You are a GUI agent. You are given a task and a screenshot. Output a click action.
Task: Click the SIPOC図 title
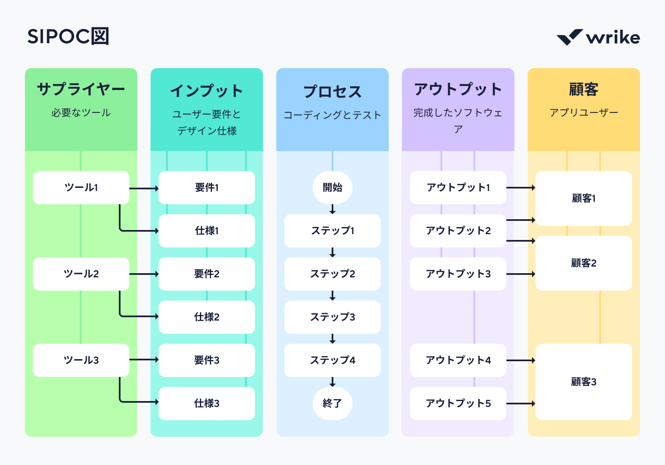coord(68,37)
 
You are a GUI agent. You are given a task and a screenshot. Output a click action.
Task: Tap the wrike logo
coord(598,37)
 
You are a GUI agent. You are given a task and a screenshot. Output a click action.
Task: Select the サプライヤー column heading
coord(81,89)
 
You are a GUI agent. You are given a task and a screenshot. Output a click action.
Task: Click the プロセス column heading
coord(332,92)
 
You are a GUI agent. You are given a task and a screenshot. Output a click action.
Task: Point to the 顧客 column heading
coord(584,89)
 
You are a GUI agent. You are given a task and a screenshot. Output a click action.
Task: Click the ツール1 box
coord(81,188)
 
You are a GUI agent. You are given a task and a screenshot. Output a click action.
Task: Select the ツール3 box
coord(81,360)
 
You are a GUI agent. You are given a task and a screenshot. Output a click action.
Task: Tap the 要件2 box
coord(207,274)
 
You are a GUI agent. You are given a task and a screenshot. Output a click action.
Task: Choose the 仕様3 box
coord(207,404)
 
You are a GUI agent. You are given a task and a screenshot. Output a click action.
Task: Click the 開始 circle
coord(332,188)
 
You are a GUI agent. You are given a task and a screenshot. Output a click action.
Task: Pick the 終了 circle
coord(332,404)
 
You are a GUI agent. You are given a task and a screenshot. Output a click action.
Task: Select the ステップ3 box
coord(332,317)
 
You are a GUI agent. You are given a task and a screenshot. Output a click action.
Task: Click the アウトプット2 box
coord(458,231)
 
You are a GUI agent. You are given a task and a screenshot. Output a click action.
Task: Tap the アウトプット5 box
coord(458,404)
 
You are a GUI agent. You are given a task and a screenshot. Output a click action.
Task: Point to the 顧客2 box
coord(584,263)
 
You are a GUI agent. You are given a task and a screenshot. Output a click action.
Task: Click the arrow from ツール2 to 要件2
coord(144,274)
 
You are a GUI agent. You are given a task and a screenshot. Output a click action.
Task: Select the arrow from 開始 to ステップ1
coord(332,209)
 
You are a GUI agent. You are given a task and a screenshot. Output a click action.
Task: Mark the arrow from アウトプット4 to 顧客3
coord(521,360)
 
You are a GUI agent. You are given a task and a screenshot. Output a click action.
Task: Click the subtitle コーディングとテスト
coord(332,115)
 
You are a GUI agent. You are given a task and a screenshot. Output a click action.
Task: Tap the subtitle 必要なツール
coord(81,113)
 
